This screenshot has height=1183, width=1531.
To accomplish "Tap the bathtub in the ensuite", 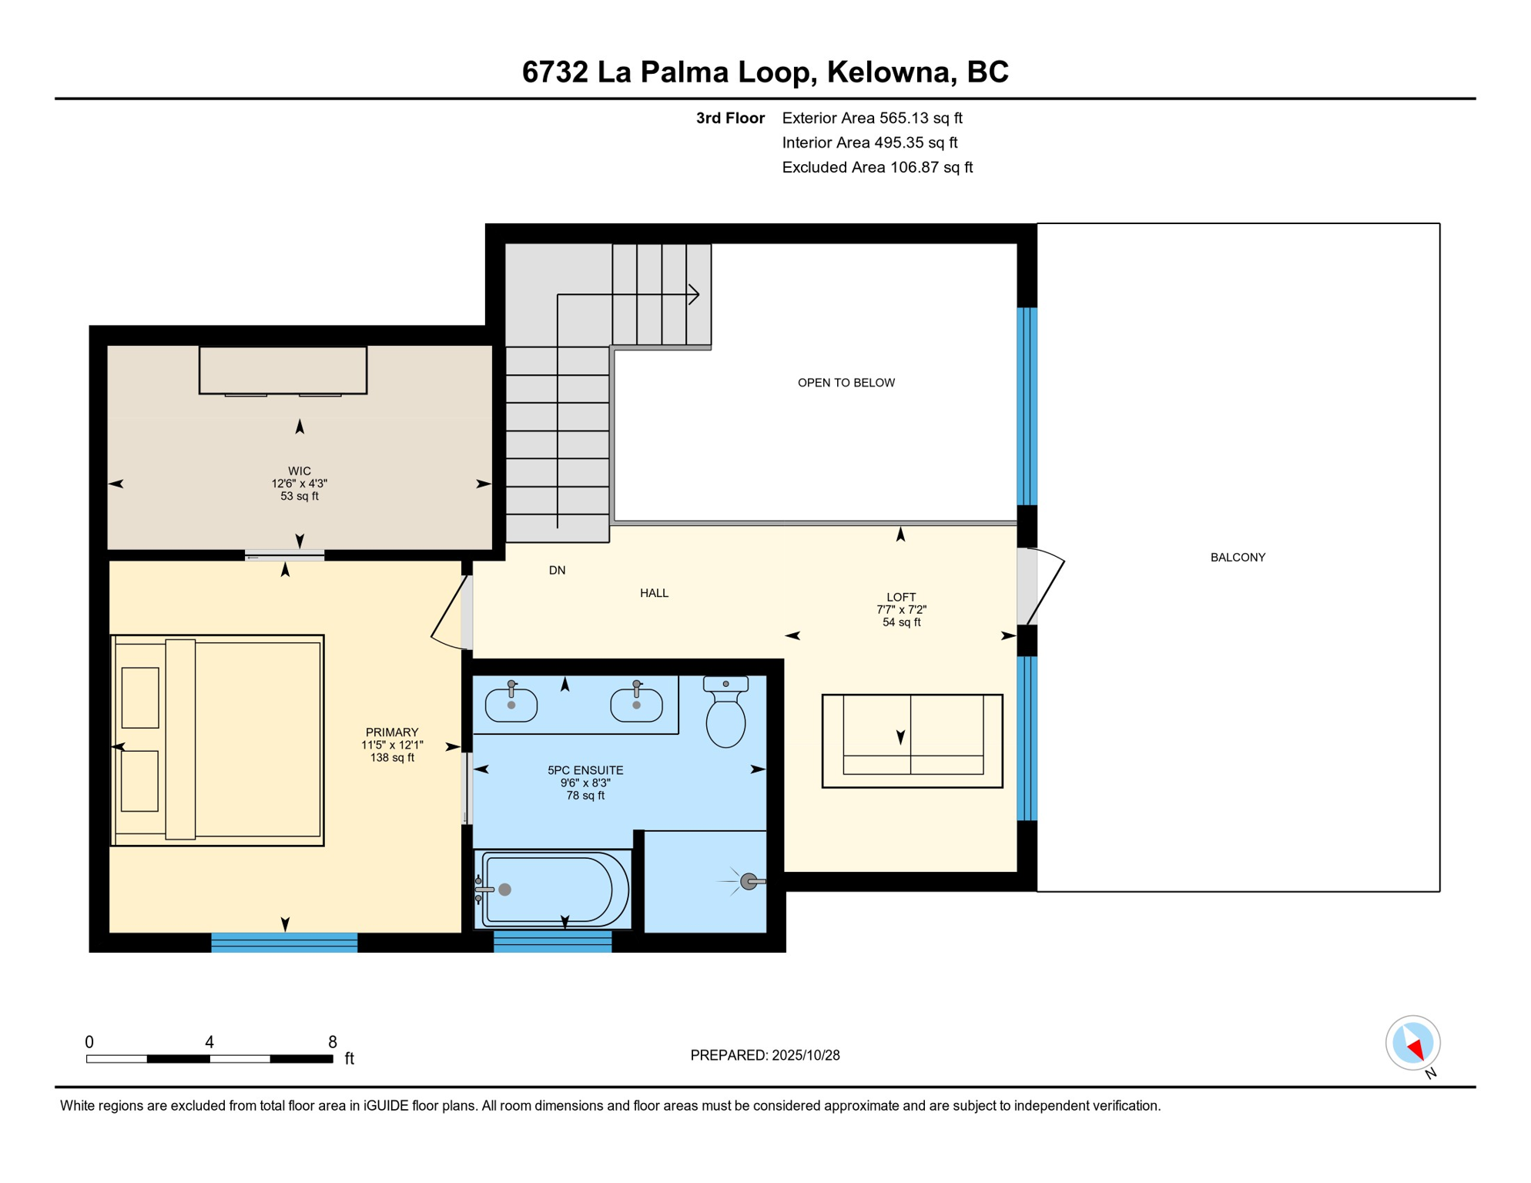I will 553,890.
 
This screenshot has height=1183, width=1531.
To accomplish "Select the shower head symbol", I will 749,881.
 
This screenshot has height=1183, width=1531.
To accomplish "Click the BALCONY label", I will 1238,558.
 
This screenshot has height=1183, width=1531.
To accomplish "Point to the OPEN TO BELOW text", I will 846,383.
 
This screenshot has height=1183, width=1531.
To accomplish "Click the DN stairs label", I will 557,571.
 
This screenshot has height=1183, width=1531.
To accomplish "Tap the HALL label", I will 654,593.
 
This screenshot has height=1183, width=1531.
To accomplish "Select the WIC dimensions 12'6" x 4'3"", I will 299,484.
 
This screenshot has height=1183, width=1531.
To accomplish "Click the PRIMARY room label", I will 392,732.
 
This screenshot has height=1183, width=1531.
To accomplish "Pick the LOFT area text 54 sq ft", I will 901,622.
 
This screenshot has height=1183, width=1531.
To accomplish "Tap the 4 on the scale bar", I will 209,1042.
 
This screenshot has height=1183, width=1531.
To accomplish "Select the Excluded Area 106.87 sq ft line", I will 876,167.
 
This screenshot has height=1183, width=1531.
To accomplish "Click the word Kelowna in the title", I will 888,72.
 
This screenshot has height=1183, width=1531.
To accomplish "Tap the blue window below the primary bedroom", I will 284,942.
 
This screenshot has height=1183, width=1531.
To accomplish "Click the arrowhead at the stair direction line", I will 695,294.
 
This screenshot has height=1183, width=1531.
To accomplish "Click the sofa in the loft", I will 912,741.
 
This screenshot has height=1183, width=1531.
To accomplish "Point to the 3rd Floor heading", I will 729,118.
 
